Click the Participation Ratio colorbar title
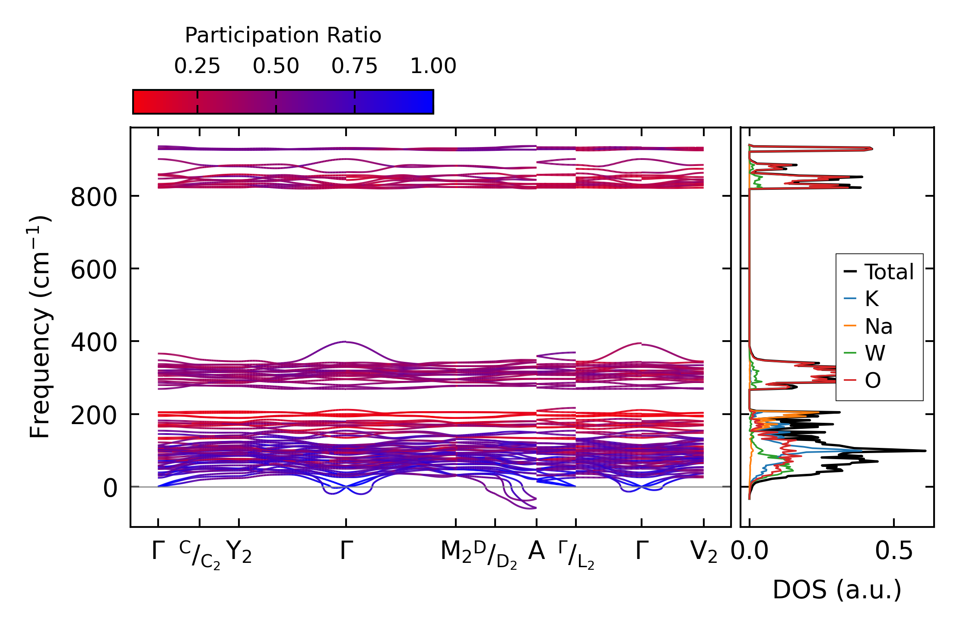pos(283,35)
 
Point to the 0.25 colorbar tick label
pos(197,67)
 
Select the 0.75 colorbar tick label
pos(354,67)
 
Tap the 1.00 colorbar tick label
pos(433,67)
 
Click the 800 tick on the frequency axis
pos(94,198)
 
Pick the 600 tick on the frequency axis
pos(94,271)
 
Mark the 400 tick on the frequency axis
pos(94,343)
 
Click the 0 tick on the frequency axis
pos(110,489)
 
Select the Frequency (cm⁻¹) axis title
pos(40,327)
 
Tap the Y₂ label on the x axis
pos(239,552)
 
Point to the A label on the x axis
pos(536,552)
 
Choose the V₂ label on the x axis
pos(704,552)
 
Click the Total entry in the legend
pos(888,272)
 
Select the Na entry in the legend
pos(878,326)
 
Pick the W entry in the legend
pos(874,353)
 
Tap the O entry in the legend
pos(872,380)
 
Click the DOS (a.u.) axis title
pos(837,590)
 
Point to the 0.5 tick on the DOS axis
pos(894,552)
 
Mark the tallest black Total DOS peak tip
pos(925,451)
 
